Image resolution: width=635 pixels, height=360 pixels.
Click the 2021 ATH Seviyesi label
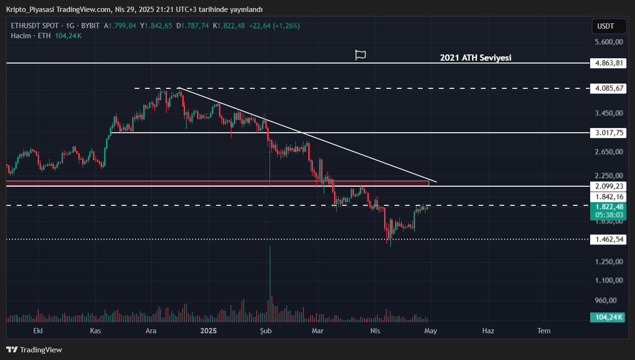[x=475, y=58]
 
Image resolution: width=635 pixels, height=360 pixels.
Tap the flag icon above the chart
[x=361, y=55]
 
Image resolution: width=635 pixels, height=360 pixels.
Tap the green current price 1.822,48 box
[x=607, y=207]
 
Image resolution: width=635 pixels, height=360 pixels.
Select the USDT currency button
[x=605, y=26]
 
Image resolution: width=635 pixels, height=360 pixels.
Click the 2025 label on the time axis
[x=208, y=330]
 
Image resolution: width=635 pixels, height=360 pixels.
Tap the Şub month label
[x=266, y=330]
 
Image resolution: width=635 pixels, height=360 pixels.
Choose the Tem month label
[x=543, y=330]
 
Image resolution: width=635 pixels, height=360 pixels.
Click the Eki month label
[x=38, y=330]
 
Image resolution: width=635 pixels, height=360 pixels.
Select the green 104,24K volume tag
[x=607, y=317]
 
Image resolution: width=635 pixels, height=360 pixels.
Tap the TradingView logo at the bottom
[x=34, y=349]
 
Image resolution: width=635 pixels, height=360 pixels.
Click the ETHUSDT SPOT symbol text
[x=35, y=26]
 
